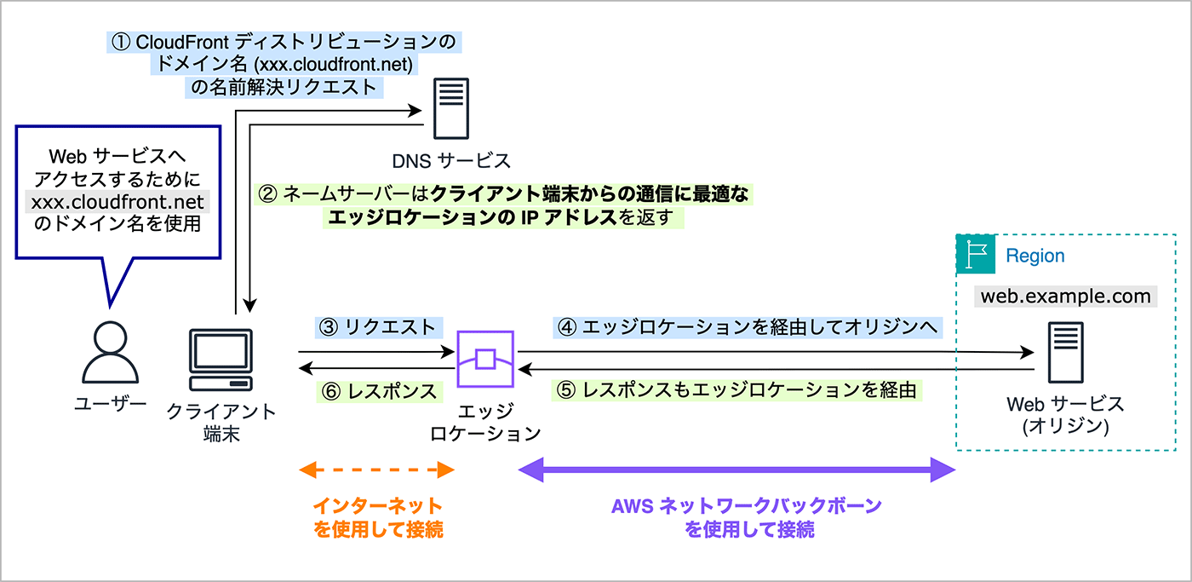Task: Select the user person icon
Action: point(110,351)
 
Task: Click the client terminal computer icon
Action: point(220,359)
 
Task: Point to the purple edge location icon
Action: point(485,360)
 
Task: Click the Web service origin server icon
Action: point(1064,352)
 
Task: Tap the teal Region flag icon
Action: point(975,255)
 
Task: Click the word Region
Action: point(1034,256)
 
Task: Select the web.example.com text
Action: point(1065,297)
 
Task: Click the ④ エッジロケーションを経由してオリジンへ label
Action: point(746,326)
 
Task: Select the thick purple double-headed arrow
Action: point(737,470)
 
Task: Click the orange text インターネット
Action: point(378,504)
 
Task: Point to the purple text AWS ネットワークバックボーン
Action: point(747,504)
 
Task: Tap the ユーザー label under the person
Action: point(110,403)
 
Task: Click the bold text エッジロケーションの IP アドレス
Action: point(470,217)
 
